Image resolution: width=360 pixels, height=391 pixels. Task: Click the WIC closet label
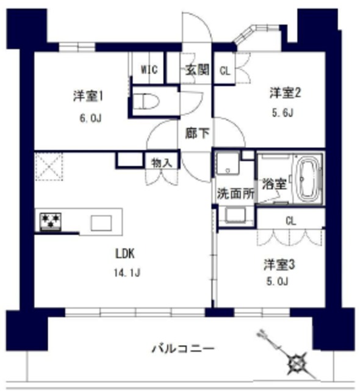[149, 70]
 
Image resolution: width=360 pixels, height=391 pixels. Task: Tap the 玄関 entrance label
[197, 70]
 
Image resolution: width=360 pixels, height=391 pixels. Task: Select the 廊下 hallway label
[195, 131]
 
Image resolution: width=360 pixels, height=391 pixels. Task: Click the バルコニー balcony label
[183, 349]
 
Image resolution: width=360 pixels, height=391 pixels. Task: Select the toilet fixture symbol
[149, 101]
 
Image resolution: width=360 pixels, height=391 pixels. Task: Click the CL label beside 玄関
[225, 70]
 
